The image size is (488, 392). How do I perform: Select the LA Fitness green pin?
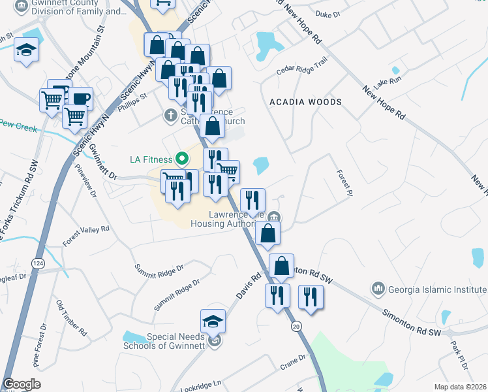(183, 159)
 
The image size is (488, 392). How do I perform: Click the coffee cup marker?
(81, 99)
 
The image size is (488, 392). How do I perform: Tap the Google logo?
(22, 385)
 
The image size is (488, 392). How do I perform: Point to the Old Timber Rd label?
(71, 318)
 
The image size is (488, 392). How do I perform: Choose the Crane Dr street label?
(292, 360)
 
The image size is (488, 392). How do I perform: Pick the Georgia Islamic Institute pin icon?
(378, 288)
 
